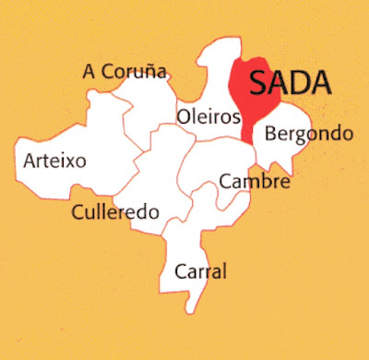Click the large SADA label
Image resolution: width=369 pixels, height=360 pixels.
click(x=290, y=84)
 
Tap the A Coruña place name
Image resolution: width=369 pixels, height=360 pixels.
click(x=124, y=71)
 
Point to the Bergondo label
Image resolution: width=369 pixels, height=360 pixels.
click(x=308, y=135)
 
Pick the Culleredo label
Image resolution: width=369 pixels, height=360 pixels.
click(x=115, y=212)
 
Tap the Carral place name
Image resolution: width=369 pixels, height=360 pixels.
click(x=200, y=272)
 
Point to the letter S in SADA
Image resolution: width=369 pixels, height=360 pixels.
click(x=259, y=84)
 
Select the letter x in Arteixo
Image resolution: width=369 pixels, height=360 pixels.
click(x=70, y=162)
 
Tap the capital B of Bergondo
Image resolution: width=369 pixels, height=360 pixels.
click(x=270, y=134)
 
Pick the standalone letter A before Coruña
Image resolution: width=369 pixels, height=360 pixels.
click(x=88, y=71)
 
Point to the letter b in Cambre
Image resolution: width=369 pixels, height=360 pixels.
click(x=268, y=182)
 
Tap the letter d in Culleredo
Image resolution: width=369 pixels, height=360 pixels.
click(x=143, y=211)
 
